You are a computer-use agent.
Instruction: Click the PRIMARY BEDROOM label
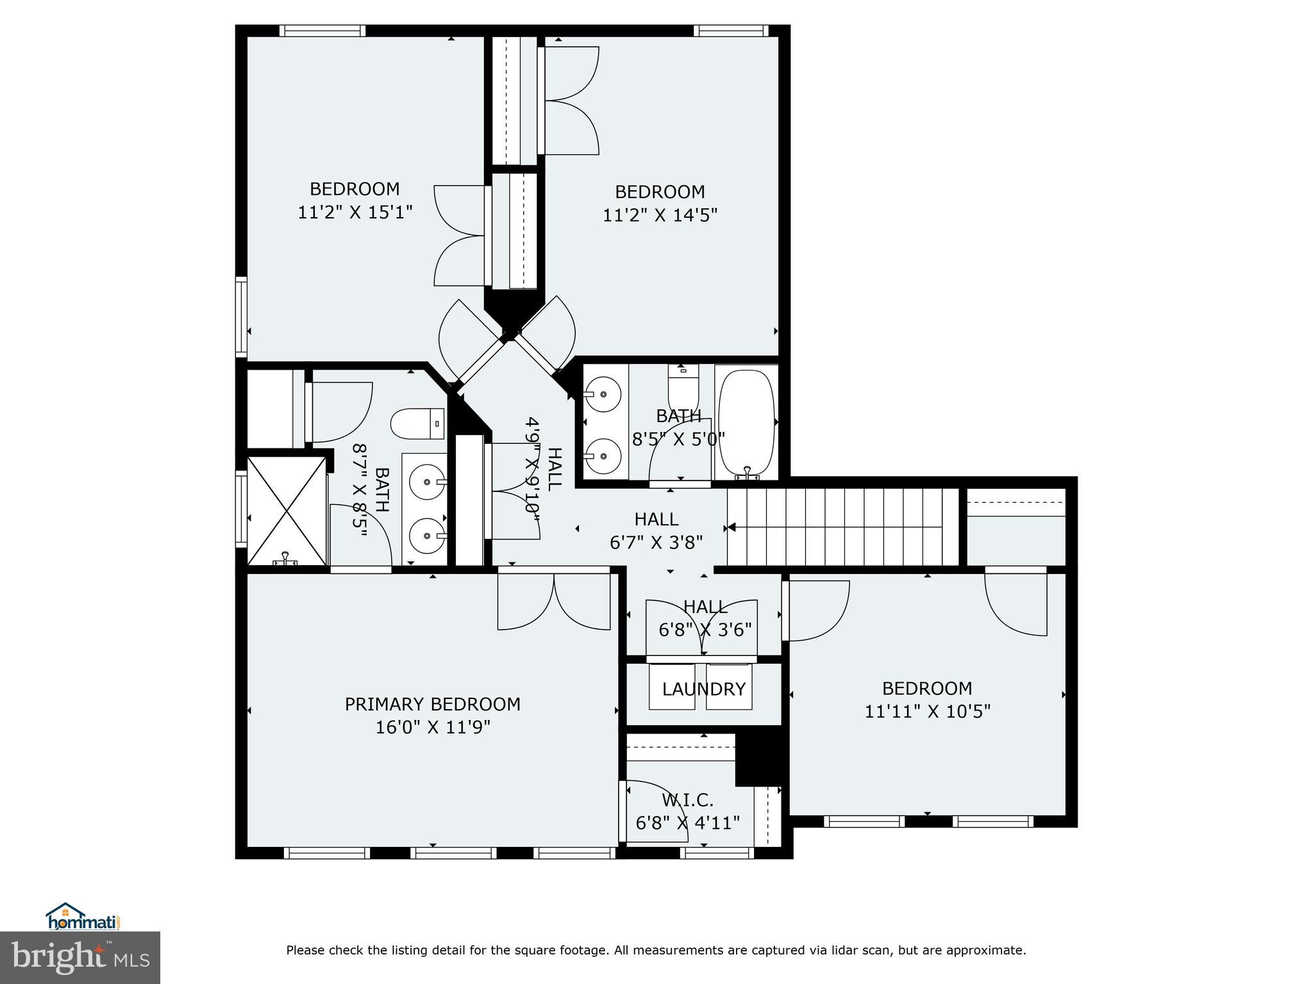(432, 704)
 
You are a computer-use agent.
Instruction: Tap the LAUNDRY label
(703, 689)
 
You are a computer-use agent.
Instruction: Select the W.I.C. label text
(687, 800)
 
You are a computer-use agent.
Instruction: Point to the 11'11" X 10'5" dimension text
(927, 712)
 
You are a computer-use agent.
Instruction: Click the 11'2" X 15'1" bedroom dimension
(355, 212)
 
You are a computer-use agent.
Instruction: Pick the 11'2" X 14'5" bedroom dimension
(659, 215)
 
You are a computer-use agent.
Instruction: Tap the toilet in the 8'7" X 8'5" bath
(417, 423)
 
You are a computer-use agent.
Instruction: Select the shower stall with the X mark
(287, 511)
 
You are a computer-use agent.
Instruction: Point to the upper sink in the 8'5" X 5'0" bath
(603, 395)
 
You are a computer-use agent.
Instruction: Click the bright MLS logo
(80, 957)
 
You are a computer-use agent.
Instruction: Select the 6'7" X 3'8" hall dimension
(656, 543)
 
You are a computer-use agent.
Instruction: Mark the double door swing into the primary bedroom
(554, 603)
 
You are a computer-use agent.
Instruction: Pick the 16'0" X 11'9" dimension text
(433, 727)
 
